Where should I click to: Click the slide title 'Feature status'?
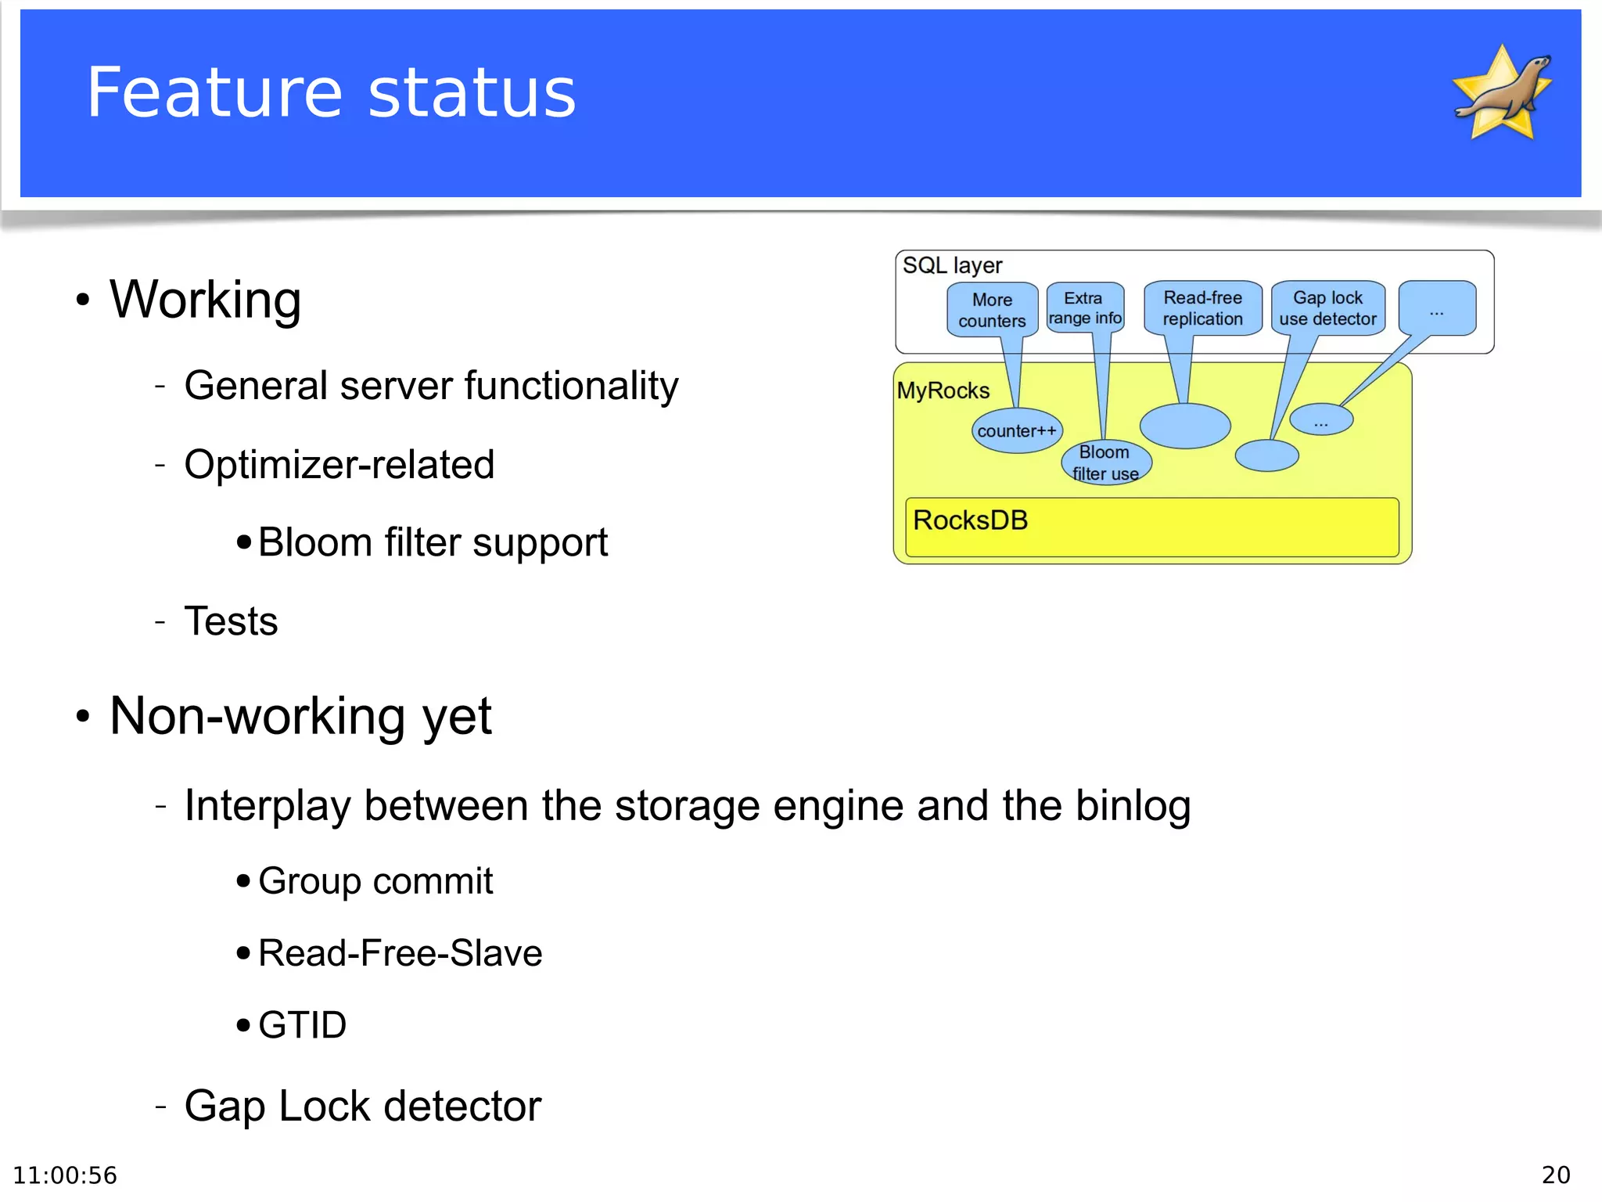point(331,93)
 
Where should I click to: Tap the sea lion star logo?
point(1503,92)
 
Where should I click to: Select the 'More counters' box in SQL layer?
point(992,310)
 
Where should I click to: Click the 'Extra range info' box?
point(1084,308)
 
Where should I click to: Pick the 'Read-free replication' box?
point(1202,308)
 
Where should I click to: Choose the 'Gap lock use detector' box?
point(1327,308)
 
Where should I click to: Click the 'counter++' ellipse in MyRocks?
point(1016,430)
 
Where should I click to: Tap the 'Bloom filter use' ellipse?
point(1105,462)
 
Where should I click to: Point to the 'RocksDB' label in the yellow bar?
point(970,520)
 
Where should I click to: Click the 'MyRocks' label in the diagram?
point(943,390)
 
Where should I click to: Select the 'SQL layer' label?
point(952,265)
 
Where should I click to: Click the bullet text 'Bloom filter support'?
point(433,542)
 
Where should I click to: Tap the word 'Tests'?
point(231,621)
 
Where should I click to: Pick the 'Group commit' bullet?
point(375,881)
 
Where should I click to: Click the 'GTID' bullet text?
point(302,1025)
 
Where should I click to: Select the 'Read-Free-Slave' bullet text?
point(400,953)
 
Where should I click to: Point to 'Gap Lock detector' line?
point(362,1107)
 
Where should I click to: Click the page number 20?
point(1555,1175)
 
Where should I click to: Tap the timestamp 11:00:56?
point(65,1175)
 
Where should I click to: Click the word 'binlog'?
point(1133,806)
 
